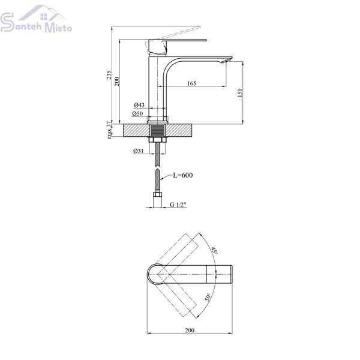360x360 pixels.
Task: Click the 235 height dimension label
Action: [109, 75]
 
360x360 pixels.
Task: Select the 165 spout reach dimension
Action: [192, 83]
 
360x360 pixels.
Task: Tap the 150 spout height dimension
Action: [239, 92]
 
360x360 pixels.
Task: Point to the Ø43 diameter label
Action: [139, 105]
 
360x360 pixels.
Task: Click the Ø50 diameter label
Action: [137, 113]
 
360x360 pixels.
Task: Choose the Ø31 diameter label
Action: [138, 151]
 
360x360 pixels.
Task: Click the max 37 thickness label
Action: [109, 130]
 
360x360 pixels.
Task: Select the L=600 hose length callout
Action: [183, 175]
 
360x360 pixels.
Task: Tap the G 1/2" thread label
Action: [178, 205]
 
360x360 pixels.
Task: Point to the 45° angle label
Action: [214, 250]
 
